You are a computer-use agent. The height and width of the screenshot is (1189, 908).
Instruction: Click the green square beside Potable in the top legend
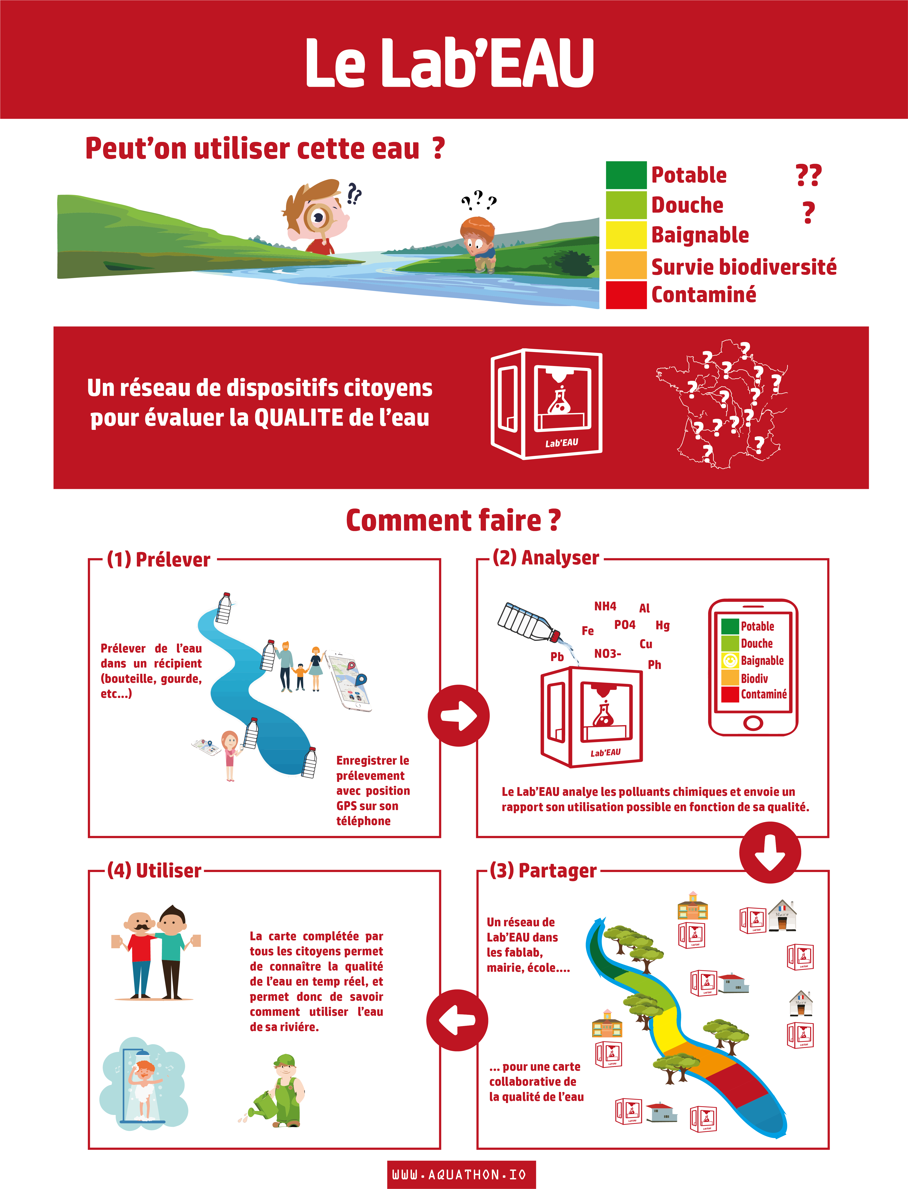click(x=626, y=175)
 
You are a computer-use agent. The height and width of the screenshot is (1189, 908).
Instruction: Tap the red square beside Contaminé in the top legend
click(x=626, y=295)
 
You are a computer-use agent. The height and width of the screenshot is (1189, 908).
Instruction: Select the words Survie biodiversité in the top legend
click(x=744, y=266)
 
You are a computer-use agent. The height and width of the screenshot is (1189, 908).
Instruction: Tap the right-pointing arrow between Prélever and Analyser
click(x=458, y=716)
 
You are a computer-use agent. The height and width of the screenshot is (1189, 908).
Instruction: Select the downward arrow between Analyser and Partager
click(x=770, y=852)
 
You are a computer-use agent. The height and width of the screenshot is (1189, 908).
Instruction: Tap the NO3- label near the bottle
click(x=608, y=653)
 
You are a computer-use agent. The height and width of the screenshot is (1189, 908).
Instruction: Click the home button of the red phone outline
click(x=753, y=723)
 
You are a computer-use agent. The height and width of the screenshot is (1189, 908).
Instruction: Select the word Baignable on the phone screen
click(x=762, y=660)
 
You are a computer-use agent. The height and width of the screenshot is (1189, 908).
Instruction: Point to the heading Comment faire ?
click(x=453, y=520)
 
